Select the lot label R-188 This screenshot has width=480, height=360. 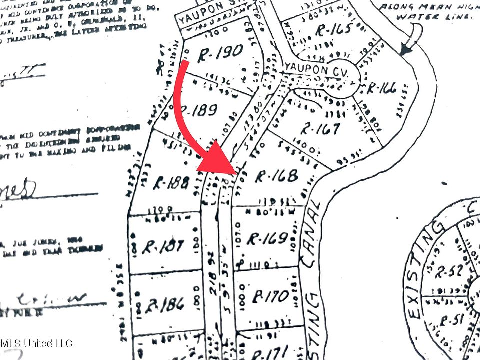point(171,182)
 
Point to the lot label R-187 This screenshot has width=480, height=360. point(163,246)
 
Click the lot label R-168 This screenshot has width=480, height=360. point(276,176)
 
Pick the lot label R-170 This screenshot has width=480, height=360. point(270,296)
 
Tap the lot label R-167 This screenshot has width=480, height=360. point(320,129)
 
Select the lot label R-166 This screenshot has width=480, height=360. point(381,89)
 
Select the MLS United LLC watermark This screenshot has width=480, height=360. point(36,343)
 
